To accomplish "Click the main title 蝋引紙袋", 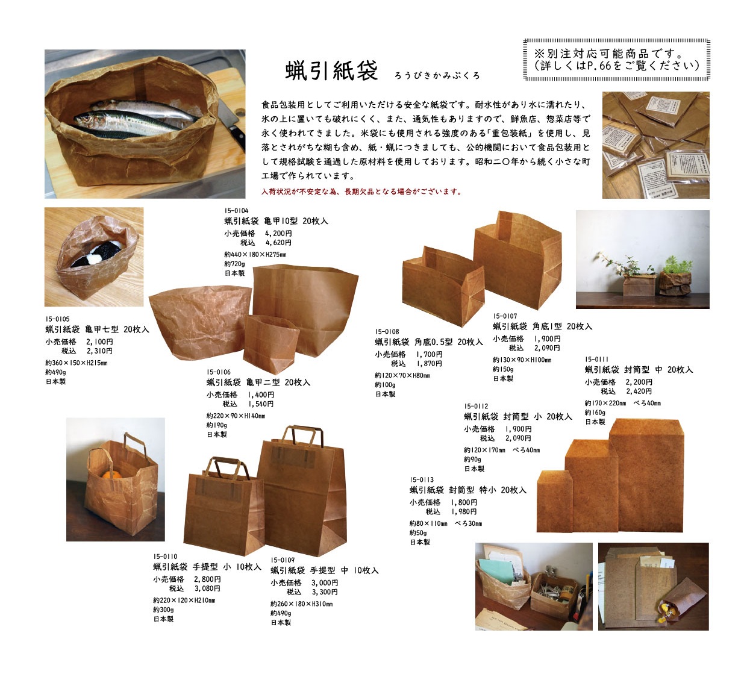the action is pyautogui.click(x=331, y=70).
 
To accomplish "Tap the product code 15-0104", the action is pyautogui.click(x=236, y=211).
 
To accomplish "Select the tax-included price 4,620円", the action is pyautogui.click(x=278, y=243).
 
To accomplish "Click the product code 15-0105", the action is pyautogui.click(x=57, y=319).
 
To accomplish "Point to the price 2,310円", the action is pyautogui.click(x=99, y=351).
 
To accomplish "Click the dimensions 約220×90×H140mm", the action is pyautogui.click(x=236, y=416).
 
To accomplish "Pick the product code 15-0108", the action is pyautogui.click(x=387, y=332).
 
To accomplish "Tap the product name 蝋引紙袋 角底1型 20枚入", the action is pyautogui.click(x=542, y=326).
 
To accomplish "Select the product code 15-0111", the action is pyautogui.click(x=596, y=360).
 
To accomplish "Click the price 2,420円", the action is pyautogui.click(x=639, y=391).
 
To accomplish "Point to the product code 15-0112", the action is pyautogui.click(x=476, y=407).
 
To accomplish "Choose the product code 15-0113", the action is pyautogui.click(x=422, y=479).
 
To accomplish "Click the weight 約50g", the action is pyautogui.click(x=418, y=533).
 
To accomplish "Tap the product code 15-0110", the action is pyautogui.click(x=165, y=557).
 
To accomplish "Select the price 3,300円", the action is pyautogui.click(x=325, y=592).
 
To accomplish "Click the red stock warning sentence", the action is pyautogui.click(x=361, y=192).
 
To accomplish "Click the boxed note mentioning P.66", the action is pyautogui.click(x=616, y=60).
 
